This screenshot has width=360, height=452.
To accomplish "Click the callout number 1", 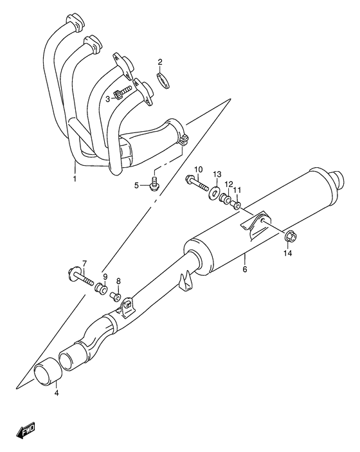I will tap(75, 178).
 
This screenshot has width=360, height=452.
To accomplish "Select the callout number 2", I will tap(161, 62).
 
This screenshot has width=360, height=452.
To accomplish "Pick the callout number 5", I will tap(136, 186).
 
